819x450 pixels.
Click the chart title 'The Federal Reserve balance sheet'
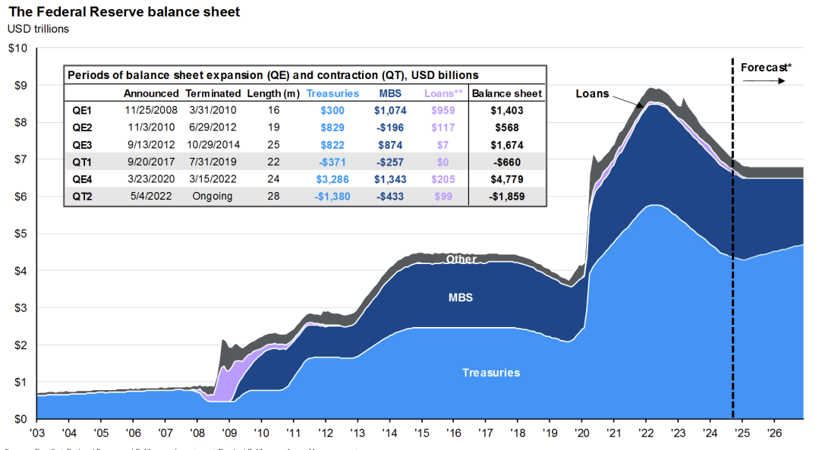click(x=124, y=12)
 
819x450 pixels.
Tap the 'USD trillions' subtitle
click(x=38, y=29)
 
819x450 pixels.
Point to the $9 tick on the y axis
click(x=17, y=85)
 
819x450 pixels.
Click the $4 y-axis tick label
click(x=17, y=271)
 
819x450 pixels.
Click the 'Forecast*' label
click(x=766, y=68)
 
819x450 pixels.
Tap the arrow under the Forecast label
click(x=765, y=80)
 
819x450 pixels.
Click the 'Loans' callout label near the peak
click(x=592, y=94)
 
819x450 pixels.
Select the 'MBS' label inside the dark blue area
click(x=461, y=297)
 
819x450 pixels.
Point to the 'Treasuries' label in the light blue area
click(x=491, y=373)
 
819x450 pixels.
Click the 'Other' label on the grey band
click(x=461, y=260)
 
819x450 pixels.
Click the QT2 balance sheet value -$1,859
click(x=506, y=197)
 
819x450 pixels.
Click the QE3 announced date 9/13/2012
click(x=150, y=144)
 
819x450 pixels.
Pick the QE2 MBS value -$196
click(x=390, y=127)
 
